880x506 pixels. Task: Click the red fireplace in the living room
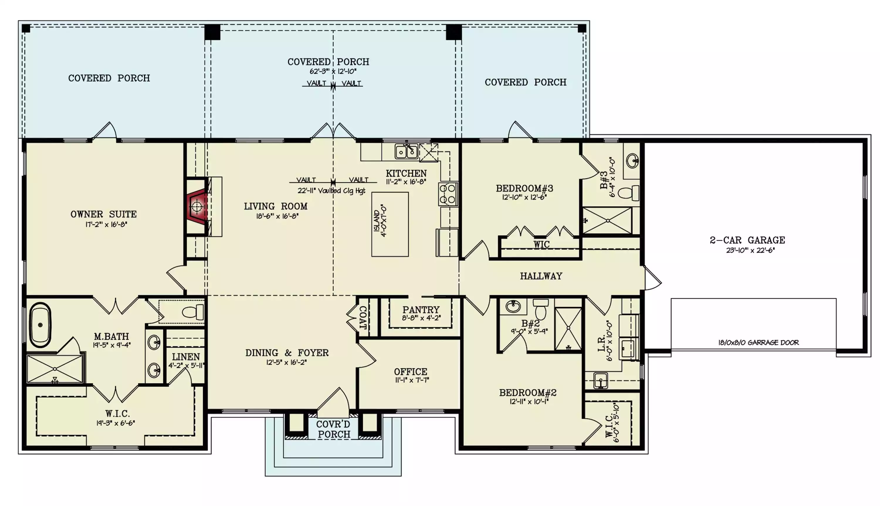[197, 206]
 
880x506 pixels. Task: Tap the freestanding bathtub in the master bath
[40, 325]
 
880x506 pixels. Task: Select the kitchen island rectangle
[390, 225]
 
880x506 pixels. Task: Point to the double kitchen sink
[406, 152]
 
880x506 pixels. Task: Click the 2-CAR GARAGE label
[747, 240]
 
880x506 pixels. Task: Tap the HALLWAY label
[541, 276]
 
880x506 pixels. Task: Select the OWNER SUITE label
[104, 214]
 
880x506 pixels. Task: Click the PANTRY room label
[421, 310]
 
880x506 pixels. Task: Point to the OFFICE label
[411, 371]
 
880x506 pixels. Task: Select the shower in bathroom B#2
[568, 328]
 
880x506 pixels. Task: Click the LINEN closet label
[186, 357]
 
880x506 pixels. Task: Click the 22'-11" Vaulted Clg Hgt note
[331, 191]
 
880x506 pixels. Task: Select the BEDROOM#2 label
[528, 393]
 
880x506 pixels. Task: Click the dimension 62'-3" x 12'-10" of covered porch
[333, 72]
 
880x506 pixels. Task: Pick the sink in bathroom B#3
[632, 161]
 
